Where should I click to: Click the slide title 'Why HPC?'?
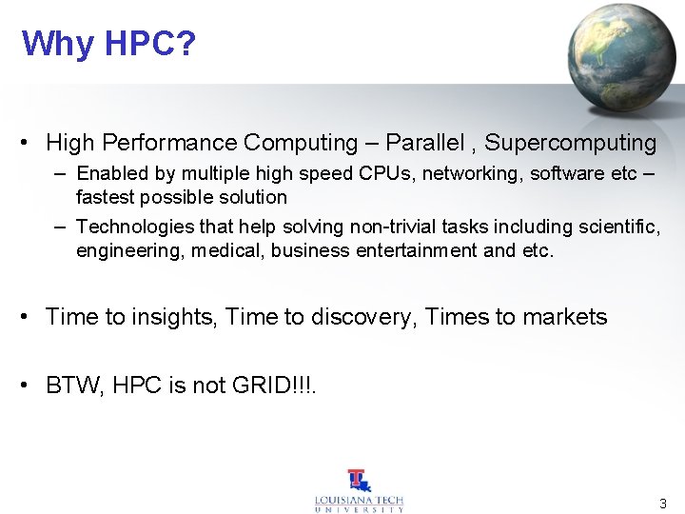coord(108,44)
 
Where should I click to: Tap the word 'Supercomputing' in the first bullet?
coord(571,143)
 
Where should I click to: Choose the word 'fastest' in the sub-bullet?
coord(104,197)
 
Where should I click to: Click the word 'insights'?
coord(170,317)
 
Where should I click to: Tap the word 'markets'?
coord(565,317)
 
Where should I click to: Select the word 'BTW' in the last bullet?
coord(75,385)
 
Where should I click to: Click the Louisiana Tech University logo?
coord(359,491)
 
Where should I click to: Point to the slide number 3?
coord(663,502)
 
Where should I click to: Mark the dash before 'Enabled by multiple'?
coord(60,173)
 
